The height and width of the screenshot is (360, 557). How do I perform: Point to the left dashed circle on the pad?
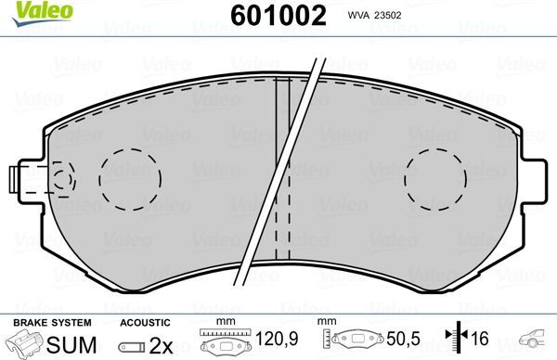130,176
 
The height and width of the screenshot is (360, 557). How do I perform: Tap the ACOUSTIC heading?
145,323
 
